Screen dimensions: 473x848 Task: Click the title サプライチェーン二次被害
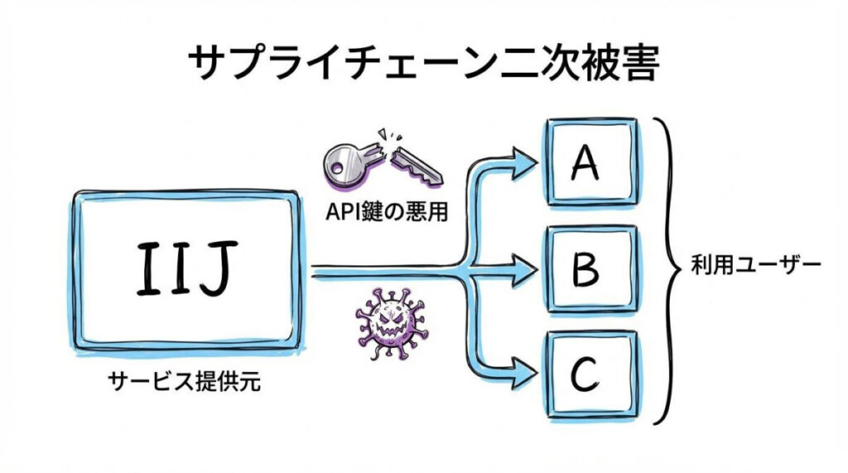(x=423, y=63)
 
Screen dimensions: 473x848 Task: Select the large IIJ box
(x=184, y=273)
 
